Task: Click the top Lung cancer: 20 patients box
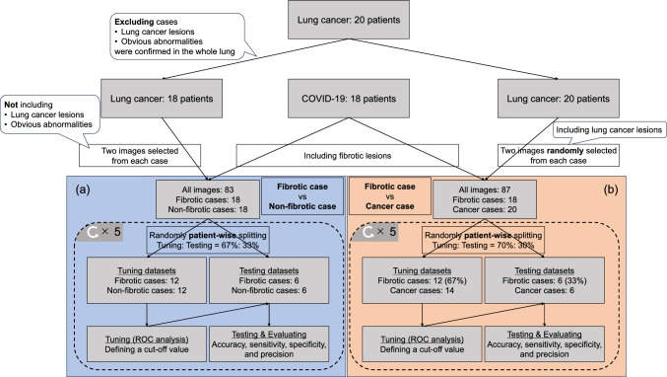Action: (349, 20)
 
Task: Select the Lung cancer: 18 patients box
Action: (162, 99)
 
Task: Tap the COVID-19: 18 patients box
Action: (349, 99)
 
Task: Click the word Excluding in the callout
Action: (134, 22)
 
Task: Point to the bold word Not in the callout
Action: (11, 105)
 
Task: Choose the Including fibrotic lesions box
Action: (347, 156)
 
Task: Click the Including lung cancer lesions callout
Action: (609, 130)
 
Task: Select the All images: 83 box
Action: (208, 199)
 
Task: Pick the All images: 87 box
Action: (485, 199)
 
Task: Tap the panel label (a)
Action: (83, 189)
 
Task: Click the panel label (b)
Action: (611, 189)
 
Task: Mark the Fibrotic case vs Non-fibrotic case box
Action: (302, 196)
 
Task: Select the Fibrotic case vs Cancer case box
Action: (389, 196)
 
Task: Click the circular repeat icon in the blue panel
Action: (93, 232)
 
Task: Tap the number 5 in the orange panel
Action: (392, 232)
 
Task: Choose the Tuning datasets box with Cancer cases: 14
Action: (422, 280)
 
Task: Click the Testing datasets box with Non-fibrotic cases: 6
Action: (269, 280)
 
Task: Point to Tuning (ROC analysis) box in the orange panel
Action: (422, 344)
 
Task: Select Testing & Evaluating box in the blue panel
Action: (269, 344)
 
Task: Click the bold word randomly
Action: (565, 151)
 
